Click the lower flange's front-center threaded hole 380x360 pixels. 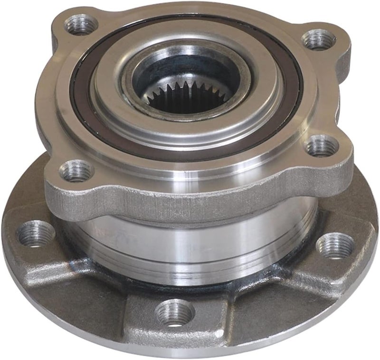coord(175,313)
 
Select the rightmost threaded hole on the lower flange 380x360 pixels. coord(336,246)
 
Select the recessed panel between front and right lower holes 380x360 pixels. coord(266,304)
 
